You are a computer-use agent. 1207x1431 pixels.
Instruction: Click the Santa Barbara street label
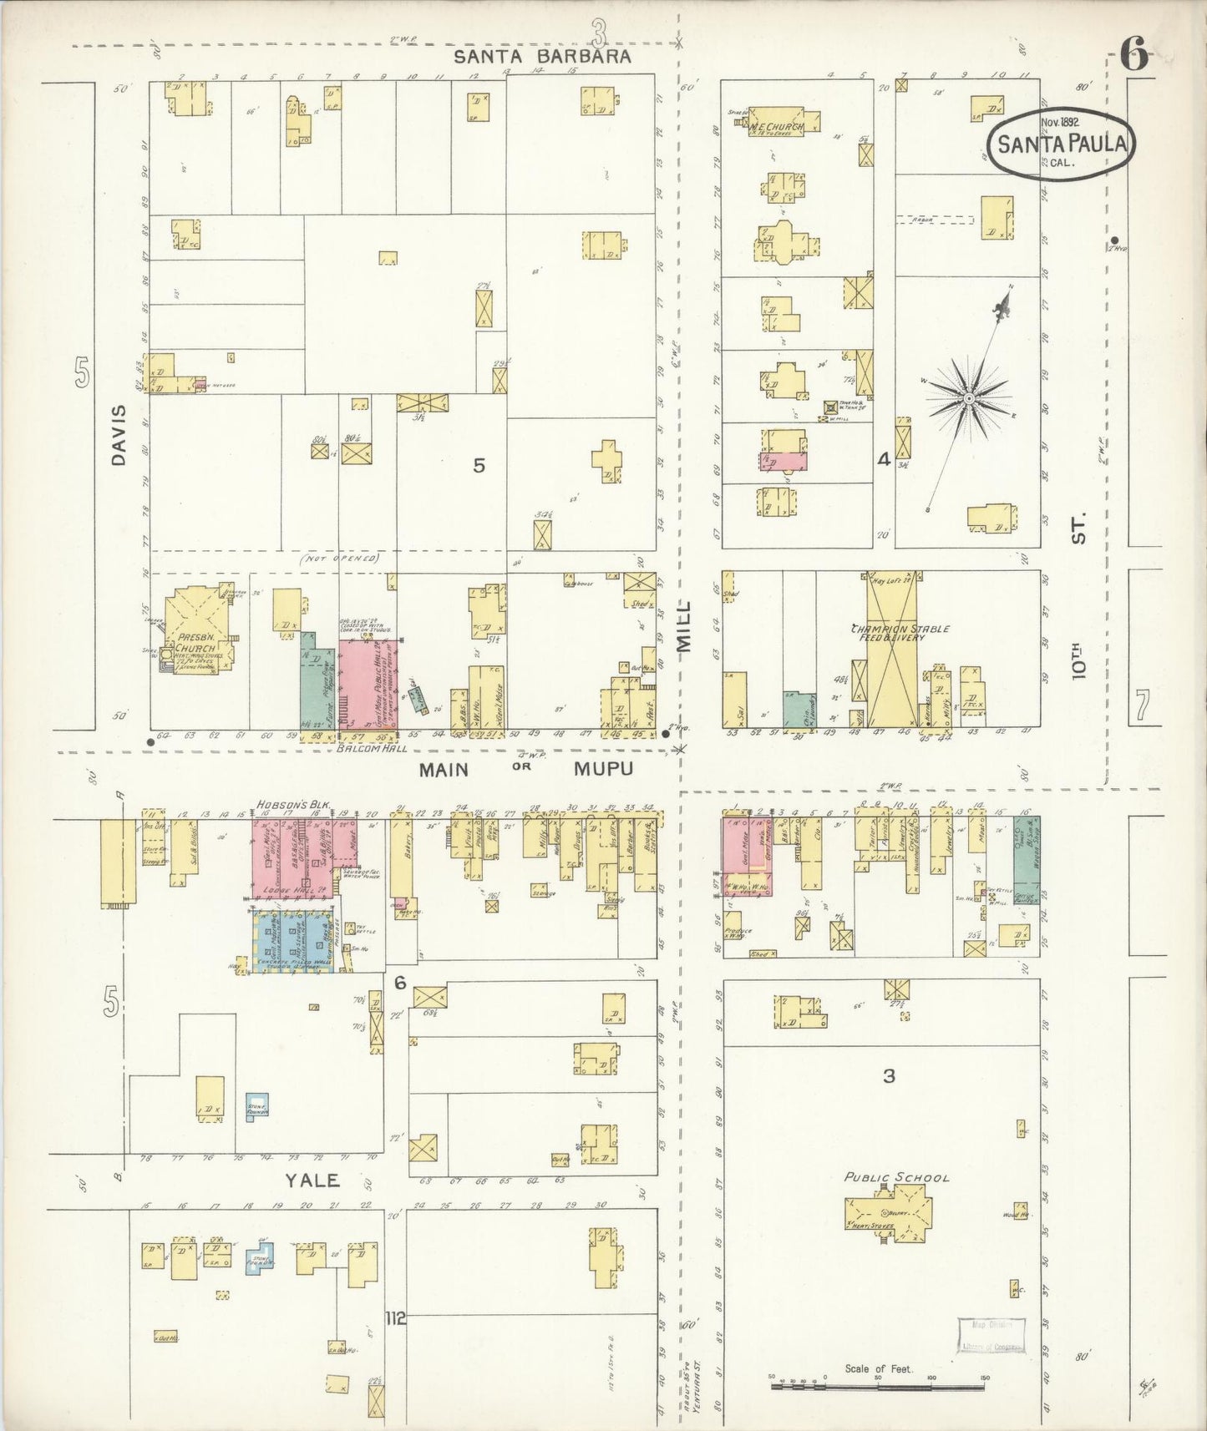point(541,57)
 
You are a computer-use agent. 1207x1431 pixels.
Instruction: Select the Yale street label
point(312,1180)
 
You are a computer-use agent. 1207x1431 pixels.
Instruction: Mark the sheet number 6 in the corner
point(1133,57)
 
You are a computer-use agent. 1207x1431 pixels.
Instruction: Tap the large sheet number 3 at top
point(598,33)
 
